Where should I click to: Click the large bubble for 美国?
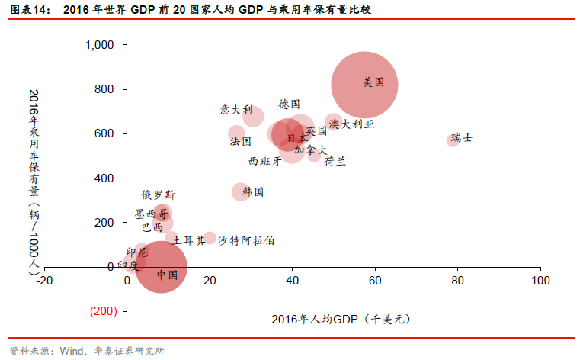364,85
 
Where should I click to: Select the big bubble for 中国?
159,267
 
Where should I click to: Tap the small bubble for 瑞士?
452,140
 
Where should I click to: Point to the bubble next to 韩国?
241,191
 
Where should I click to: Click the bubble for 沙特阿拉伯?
210,239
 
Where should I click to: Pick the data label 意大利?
235,109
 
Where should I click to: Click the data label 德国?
289,104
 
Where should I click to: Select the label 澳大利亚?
351,123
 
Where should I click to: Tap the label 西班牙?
265,161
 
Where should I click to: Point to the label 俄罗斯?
158,195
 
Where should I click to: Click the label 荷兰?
335,161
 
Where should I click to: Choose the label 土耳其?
188,240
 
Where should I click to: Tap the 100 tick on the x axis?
540,281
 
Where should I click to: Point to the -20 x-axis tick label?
44,281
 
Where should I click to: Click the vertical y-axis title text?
33,179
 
